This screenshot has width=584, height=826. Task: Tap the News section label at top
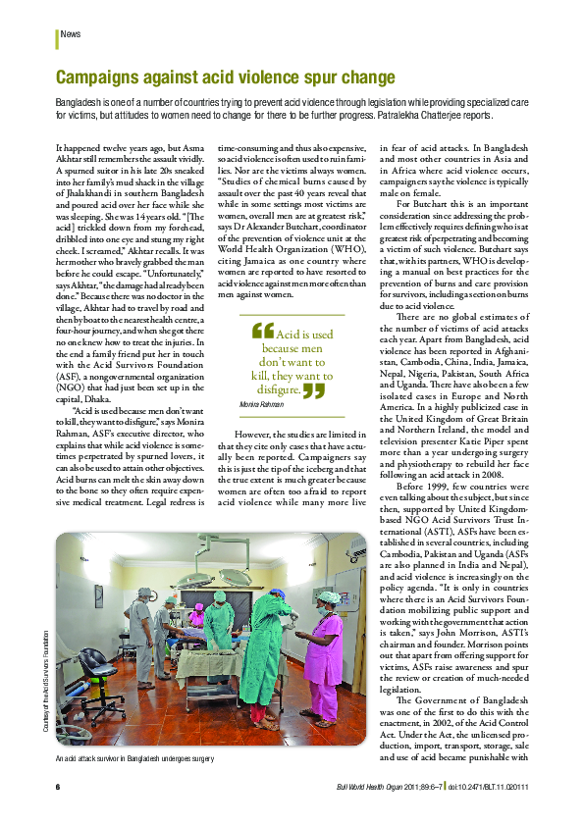coord(71,34)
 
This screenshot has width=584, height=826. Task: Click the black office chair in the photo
coord(94,666)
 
